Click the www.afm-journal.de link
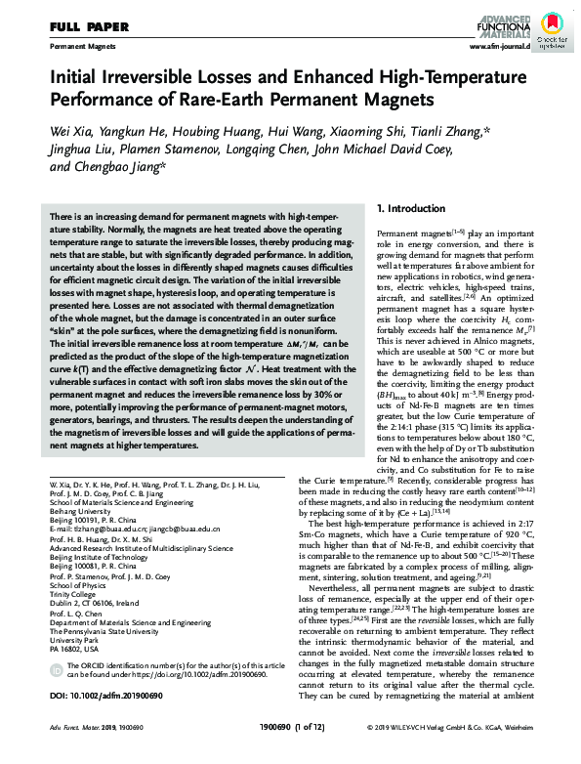click(499, 46)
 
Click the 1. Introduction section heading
click(410, 209)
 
